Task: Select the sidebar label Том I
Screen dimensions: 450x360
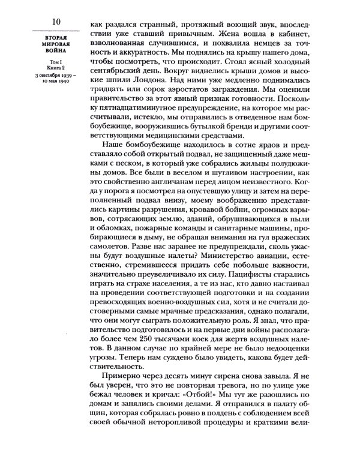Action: click(56, 61)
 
